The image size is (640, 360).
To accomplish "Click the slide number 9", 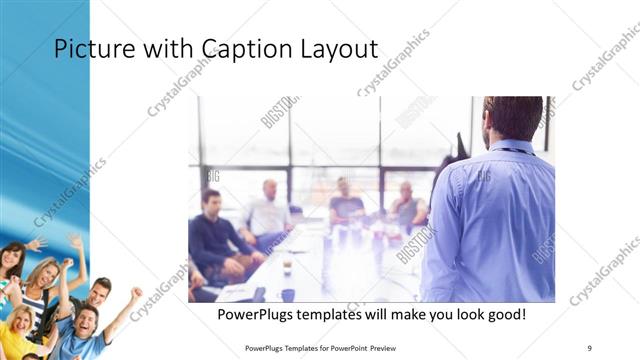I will point(590,347).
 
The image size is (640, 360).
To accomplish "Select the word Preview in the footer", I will point(391,347).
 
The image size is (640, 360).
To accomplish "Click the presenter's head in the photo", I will point(512,118).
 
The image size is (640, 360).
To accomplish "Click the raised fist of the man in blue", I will point(135,293).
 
